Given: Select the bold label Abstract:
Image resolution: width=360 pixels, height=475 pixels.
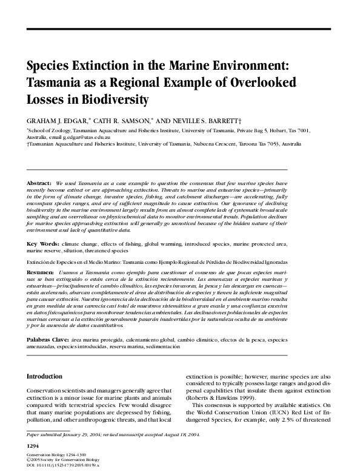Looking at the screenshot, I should tap(39, 183).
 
